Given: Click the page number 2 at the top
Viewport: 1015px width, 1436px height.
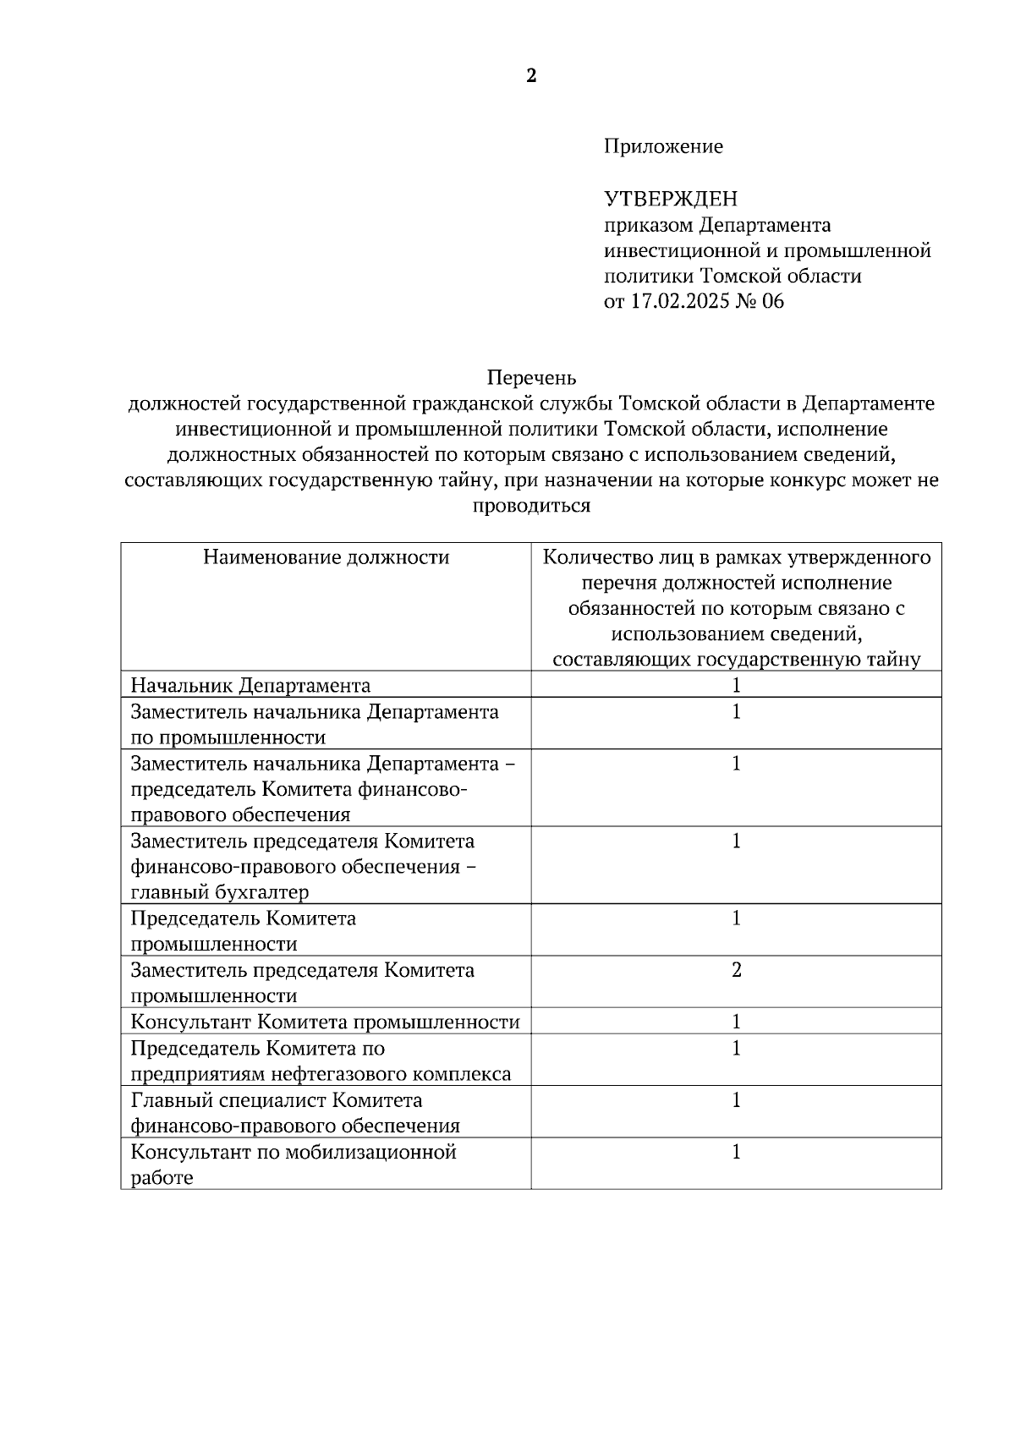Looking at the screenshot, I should coord(531,77).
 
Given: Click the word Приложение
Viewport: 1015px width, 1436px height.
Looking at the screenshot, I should coord(663,146).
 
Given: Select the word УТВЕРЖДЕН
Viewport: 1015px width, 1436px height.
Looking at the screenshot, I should coord(670,199).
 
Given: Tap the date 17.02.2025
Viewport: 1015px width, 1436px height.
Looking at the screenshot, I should coord(680,301).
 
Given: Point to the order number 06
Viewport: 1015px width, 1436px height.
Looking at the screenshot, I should coord(773,301).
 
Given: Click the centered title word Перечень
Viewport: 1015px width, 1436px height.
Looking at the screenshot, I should coord(531,377).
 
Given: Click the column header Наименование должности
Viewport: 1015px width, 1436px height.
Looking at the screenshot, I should coord(326,557).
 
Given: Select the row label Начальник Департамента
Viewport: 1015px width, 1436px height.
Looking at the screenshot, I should coord(250,685).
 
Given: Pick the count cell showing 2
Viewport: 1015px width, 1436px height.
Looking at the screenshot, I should coord(736,970).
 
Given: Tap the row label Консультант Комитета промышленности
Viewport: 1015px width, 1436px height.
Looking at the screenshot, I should coord(325,1022).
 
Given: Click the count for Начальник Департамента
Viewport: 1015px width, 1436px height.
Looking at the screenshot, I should coord(736,685).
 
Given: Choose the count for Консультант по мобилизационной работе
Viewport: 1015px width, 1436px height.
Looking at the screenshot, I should coord(736,1152).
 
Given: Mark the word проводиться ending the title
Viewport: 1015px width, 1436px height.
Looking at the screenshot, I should coord(531,507).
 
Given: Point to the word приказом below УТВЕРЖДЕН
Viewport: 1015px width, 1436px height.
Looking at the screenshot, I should coord(646,225).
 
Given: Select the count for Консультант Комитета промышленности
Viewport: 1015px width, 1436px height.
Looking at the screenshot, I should coord(736,1022).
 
